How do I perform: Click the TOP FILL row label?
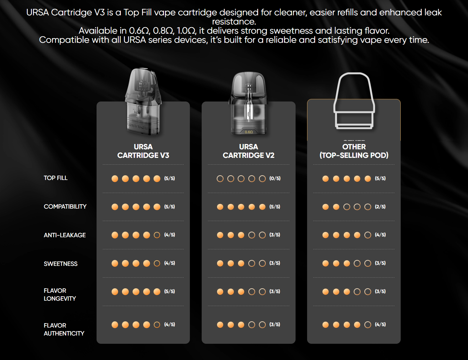click(x=56, y=178)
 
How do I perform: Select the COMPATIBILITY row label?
click(x=65, y=207)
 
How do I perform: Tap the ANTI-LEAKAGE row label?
click(x=65, y=235)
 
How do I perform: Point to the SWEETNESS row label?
click(x=61, y=264)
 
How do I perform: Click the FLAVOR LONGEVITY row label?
click(x=60, y=294)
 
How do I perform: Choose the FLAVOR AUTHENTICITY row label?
click(x=64, y=329)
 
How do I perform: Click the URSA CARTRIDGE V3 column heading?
click(x=143, y=151)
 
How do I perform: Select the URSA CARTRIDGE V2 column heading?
click(x=249, y=151)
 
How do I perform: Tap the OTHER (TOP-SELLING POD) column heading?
click(x=354, y=151)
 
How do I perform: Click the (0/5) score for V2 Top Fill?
click(x=275, y=179)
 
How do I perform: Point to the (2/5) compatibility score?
click(x=380, y=207)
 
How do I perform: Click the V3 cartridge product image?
click(x=144, y=102)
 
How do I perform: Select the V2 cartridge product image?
click(x=249, y=103)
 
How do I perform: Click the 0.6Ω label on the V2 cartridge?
click(x=249, y=132)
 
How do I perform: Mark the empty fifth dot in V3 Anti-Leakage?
click(x=157, y=235)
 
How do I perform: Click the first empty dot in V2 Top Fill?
click(x=220, y=179)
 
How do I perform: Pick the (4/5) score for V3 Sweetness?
click(x=169, y=263)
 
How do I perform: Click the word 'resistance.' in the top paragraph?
click(x=234, y=22)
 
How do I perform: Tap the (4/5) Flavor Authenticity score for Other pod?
click(x=380, y=324)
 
